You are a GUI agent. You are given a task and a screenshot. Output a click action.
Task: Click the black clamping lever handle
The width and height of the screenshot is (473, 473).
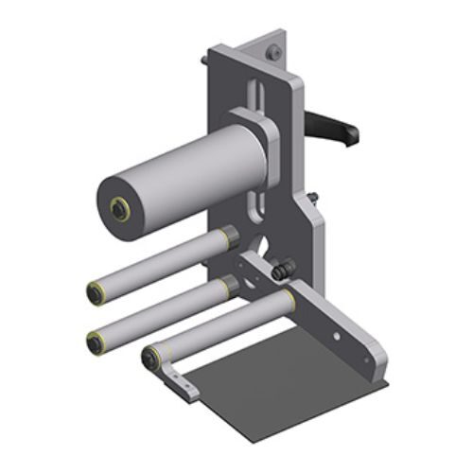point(330,125)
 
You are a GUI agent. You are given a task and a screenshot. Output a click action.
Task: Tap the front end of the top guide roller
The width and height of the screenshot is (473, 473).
point(96,292)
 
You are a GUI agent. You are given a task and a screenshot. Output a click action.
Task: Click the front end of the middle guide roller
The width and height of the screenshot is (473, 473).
point(96,342)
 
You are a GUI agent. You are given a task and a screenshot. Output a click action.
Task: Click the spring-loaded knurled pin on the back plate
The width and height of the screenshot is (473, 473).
point(281,272)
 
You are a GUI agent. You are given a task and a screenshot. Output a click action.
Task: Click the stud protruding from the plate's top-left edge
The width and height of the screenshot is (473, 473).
point(204,61)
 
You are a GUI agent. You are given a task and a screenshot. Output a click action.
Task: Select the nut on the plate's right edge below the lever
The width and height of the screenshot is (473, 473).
point(313,198)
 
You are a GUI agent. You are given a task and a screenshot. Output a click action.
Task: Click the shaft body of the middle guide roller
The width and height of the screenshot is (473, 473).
point(161,311)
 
